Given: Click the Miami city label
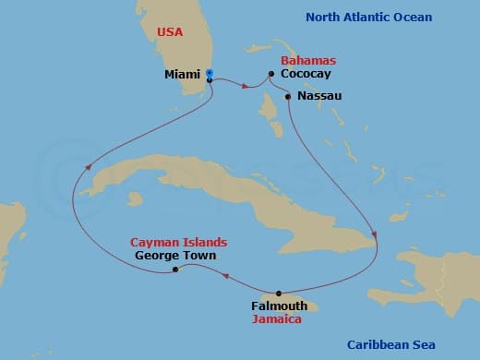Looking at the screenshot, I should pyautogui.click(x=181, y=74).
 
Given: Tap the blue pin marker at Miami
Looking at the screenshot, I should pyautogui.click(x=210, y=73).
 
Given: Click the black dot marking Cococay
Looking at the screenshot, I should pyautogui.click(x=271, y=74).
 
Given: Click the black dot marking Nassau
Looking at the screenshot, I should pyautogui.click(x=289, y=96).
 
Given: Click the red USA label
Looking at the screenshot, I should pyautogui.click(x=171, y=31).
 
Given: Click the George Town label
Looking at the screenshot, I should pyautogui.click(x=175, y=255).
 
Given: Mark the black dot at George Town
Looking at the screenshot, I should pyautogui.click(x=175, y=270).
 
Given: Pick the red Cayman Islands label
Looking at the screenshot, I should pyautogui.click(x=178, y=242).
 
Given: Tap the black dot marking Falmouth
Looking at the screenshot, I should pyautogui.click(x=279, y=294).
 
